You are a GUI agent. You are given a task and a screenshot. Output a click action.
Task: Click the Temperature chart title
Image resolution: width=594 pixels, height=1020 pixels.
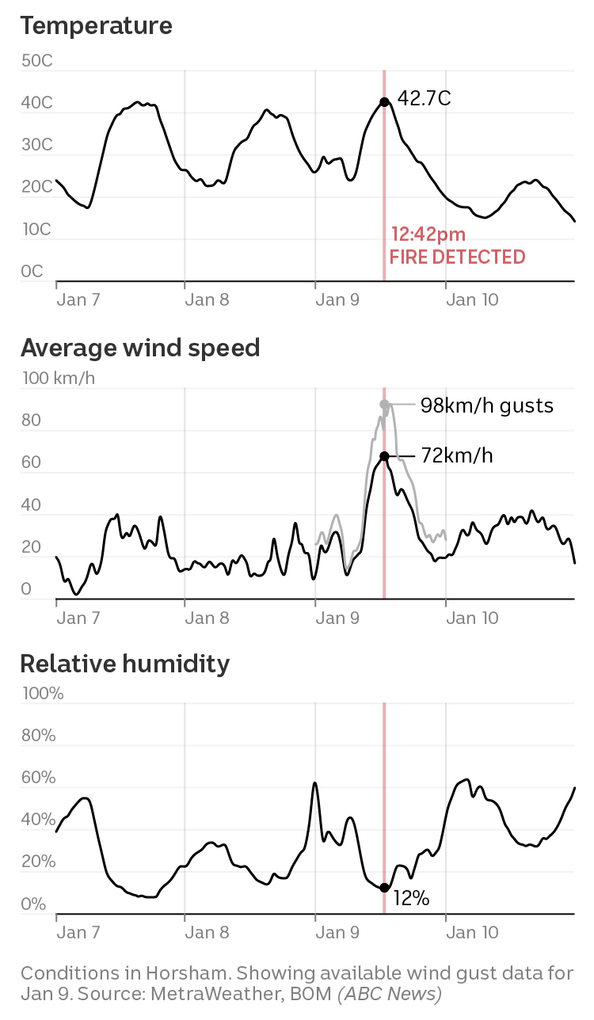point(96,25)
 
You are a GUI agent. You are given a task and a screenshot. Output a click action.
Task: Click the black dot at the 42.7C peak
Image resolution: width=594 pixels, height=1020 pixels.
point(384,102)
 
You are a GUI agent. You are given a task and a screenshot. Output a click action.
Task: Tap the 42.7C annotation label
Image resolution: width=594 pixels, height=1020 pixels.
point(424,99)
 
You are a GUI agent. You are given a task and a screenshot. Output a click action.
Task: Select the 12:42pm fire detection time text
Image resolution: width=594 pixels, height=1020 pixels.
point(428,234)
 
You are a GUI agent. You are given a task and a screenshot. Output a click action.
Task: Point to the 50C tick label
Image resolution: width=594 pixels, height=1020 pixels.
point(37,61)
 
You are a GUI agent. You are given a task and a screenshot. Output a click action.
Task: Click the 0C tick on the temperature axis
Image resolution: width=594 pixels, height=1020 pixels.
point(32,272)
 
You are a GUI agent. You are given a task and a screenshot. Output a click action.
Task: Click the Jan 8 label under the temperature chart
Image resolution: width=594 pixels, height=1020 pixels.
point(207,299)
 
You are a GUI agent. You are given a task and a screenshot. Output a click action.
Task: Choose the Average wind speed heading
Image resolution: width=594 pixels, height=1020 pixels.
point(140,348)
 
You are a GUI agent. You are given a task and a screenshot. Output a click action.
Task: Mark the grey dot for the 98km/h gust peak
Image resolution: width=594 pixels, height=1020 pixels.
point(384,405)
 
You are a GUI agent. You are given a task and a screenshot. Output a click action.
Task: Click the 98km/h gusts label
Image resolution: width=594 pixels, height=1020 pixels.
point(486,405)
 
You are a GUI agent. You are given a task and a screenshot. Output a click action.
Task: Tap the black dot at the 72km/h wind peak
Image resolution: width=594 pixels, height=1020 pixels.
point(384,456)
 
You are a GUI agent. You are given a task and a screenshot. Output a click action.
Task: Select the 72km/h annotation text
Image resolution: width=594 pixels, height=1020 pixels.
point(457,456)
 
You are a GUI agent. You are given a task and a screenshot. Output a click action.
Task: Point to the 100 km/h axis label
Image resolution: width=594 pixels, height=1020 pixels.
point(58,378)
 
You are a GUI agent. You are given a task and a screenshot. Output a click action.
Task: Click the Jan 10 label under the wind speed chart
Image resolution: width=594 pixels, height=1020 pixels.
point(472,618)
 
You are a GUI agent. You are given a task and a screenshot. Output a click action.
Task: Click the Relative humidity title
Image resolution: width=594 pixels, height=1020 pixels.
point(124,663)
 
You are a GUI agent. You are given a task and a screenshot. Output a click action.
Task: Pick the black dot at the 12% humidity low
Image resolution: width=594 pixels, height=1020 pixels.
point(384,888)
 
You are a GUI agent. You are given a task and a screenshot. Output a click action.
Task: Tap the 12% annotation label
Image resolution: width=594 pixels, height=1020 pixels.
point(411,898)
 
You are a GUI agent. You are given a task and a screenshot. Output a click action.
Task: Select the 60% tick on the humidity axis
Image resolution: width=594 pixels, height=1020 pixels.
point(38,778)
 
